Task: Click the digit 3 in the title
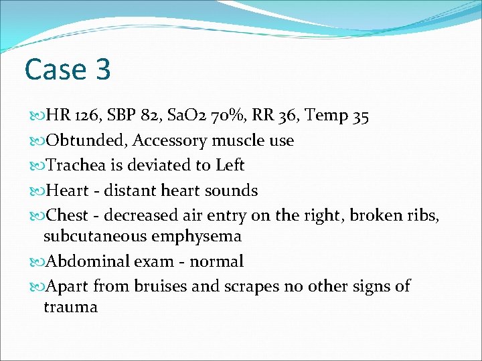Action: click(x=101, y=69)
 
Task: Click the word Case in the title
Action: click(x=56, y=69)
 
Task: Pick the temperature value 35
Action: click(x=359, y=116)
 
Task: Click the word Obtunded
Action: click(x=84, y=140)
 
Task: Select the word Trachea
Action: click(x=74, y=165)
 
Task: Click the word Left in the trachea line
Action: click(x=230, y=165)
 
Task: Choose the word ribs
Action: click(x=423, y=215)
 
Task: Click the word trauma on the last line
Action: click(x=70, y=307)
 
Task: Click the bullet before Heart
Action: click(x=37, y=191)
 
